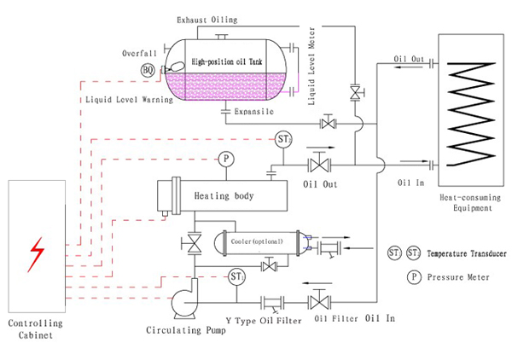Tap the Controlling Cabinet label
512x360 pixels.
pos(35,329)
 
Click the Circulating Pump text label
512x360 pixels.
pos(186,330)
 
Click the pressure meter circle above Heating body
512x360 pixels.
pos(225,159)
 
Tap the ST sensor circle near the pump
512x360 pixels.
pos(237,276)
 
